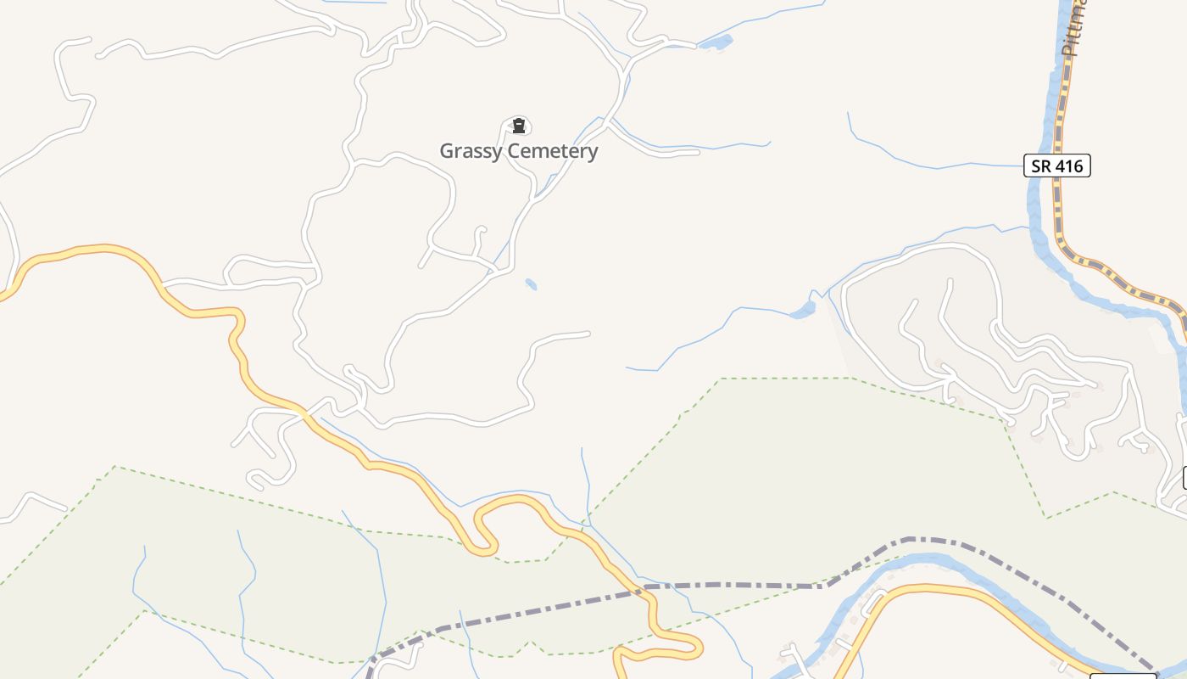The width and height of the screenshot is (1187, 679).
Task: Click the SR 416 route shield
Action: tap(1056, 166)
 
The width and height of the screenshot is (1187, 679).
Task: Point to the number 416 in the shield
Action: tap(1069, 166)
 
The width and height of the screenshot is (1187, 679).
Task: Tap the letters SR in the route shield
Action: tap(1042, 166)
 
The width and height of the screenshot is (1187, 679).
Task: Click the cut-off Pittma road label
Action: tap(1073, 30)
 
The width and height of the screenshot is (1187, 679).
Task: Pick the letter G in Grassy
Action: tap(447, 152)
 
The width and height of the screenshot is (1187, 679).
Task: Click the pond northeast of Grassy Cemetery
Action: tap(717, 42)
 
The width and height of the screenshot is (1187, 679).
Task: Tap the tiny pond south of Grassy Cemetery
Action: tap(531, 284)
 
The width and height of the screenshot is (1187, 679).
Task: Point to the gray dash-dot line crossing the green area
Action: tap(729, 585)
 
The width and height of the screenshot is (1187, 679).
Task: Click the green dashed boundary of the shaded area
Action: tap(784, 379)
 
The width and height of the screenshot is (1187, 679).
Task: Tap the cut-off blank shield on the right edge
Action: tap(1184, 477)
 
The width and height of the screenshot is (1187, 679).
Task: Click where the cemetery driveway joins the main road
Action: tap(532, 200)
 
